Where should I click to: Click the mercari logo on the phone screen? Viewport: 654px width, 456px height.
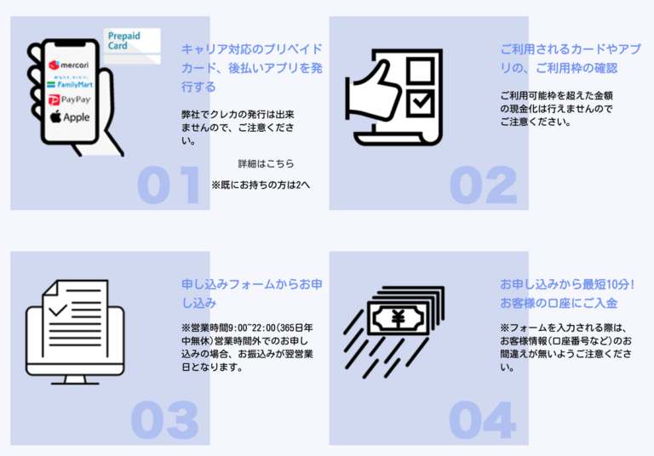coord(69,65)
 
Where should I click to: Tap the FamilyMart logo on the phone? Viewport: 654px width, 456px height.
coord(70,84)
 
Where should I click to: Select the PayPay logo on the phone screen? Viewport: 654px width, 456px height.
coord(69,100)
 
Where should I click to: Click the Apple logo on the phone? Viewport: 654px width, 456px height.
coord(70,117)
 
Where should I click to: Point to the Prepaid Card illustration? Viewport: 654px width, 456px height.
coord(132,46)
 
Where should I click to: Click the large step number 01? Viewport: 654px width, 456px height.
coord(169,185)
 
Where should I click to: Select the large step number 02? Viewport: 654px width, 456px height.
coord(483,185)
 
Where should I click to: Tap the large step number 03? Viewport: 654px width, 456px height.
coord(164,419)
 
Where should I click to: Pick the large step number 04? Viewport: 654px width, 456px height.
coord(482,419)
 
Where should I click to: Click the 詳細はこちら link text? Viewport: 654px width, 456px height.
coord(266,164)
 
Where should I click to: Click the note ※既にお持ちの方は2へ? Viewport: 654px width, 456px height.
coord(261,185)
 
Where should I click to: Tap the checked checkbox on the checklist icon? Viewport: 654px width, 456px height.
coord(421,102)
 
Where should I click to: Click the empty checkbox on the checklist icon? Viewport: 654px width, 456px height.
coord(421,70)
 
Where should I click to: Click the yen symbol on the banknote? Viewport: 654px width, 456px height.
coord(399,319)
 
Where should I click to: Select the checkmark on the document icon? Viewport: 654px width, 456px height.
coord(58,310)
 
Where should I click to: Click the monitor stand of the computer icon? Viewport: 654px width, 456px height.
coord(75,379)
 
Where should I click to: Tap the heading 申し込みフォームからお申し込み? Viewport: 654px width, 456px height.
coord(252,294)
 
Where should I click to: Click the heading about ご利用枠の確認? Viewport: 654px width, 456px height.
coord(571,59)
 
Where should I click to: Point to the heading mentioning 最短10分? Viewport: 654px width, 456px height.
coord(567,294)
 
